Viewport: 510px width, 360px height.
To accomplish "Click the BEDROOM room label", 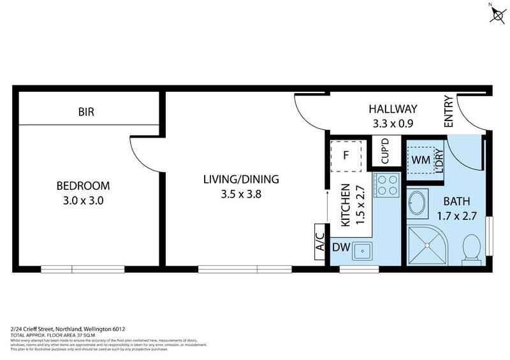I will click(83, 186).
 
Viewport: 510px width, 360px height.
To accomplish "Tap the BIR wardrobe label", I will click(86, 112).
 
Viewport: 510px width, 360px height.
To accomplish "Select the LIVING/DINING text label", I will click(241, 179).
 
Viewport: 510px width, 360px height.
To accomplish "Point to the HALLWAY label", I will click(393, 109).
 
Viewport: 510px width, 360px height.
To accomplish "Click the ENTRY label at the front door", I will click(448, 112).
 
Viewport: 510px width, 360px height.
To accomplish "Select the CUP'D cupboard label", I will click(385, 152).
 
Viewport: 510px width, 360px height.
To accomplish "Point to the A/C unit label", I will click(320, 242).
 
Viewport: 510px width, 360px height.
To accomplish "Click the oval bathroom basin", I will click(418, 203).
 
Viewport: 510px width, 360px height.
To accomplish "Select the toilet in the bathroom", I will click(472, 247).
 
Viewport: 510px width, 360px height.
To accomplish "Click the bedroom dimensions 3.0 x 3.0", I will click(83, 200).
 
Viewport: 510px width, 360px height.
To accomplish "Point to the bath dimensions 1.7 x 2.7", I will click(456, 215).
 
